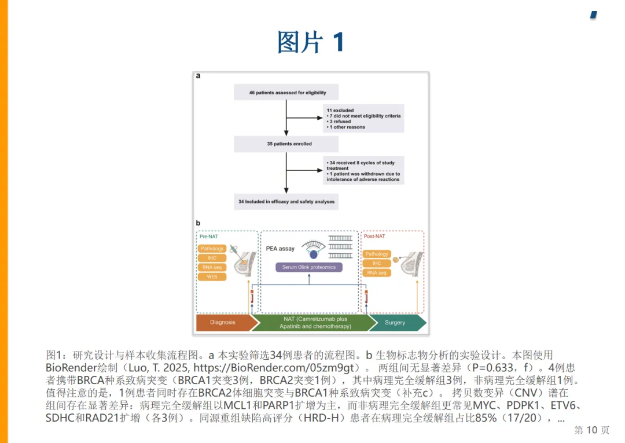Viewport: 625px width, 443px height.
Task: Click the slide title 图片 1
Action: click(x=311, y=43)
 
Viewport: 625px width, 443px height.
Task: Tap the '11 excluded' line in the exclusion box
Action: click(x=340, y=110)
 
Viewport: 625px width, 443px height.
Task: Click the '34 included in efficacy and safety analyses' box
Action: click(x=286, y=201)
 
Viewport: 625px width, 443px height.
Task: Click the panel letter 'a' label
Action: click(x=198, y=76)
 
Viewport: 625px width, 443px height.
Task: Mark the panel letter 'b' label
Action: click(x=198, y=223)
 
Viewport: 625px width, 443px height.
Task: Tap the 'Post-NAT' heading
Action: click(x=374, y=236)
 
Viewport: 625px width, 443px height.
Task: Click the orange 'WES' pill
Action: click(x=212, y=276)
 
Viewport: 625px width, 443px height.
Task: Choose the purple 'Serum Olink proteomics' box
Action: click(x=309, y=267)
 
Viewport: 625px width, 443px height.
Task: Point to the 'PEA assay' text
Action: click(x=280, y=249)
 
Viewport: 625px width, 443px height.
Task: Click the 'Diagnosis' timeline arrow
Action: click(x=224, y=322)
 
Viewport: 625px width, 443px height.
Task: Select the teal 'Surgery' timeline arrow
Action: click(x=396, y=322)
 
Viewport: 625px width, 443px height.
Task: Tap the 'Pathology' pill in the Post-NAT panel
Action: click(x=377, y=254)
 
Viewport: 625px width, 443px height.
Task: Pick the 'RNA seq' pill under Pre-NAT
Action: click(x=212, y=267)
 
